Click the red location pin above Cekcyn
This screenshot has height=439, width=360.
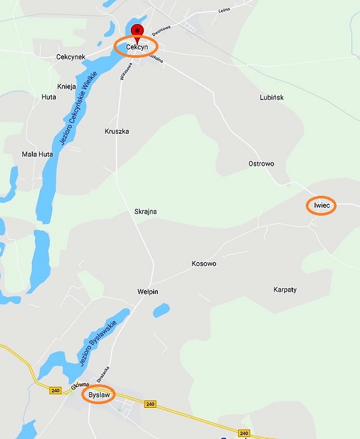pos(137,31)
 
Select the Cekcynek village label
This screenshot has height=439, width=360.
pos(71,57)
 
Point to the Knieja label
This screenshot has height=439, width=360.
pos(67,86)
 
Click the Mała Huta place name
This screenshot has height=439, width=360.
pos(37,154)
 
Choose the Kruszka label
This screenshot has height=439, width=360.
pos(117,131)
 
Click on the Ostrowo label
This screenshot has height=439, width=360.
pos(261,163)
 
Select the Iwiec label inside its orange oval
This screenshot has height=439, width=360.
pos(322,205)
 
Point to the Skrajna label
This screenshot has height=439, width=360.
pos(145,211)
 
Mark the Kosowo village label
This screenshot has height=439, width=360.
pos(203,264)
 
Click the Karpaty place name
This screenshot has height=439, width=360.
pos(285,289)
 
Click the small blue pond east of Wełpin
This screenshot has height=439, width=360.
pos(160,311)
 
